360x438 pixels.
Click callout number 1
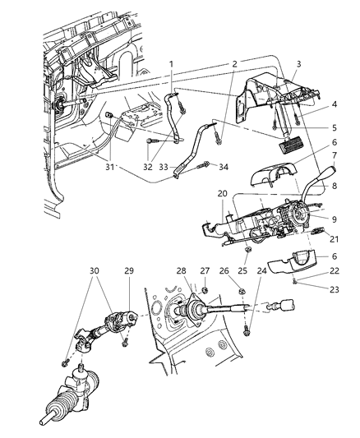(171, 64)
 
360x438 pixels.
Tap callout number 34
(224, 167)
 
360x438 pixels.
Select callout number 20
(222, 193)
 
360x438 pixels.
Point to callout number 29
(129, 270)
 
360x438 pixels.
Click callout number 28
(182, 270)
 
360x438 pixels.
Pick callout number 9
(335, 219)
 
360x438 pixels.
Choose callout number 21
(334, 239)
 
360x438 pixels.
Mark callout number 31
(110, 167)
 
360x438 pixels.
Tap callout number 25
(242, 270)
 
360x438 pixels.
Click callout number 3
(298, 64)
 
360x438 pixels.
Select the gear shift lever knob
(330, 170)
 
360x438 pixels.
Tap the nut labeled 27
(205, 290)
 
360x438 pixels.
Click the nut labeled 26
(241, 292)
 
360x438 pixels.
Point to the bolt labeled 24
(246, 330)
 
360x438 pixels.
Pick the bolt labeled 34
(203, 165)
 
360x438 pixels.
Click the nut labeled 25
(247, 249)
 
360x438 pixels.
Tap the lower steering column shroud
(292, 262)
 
